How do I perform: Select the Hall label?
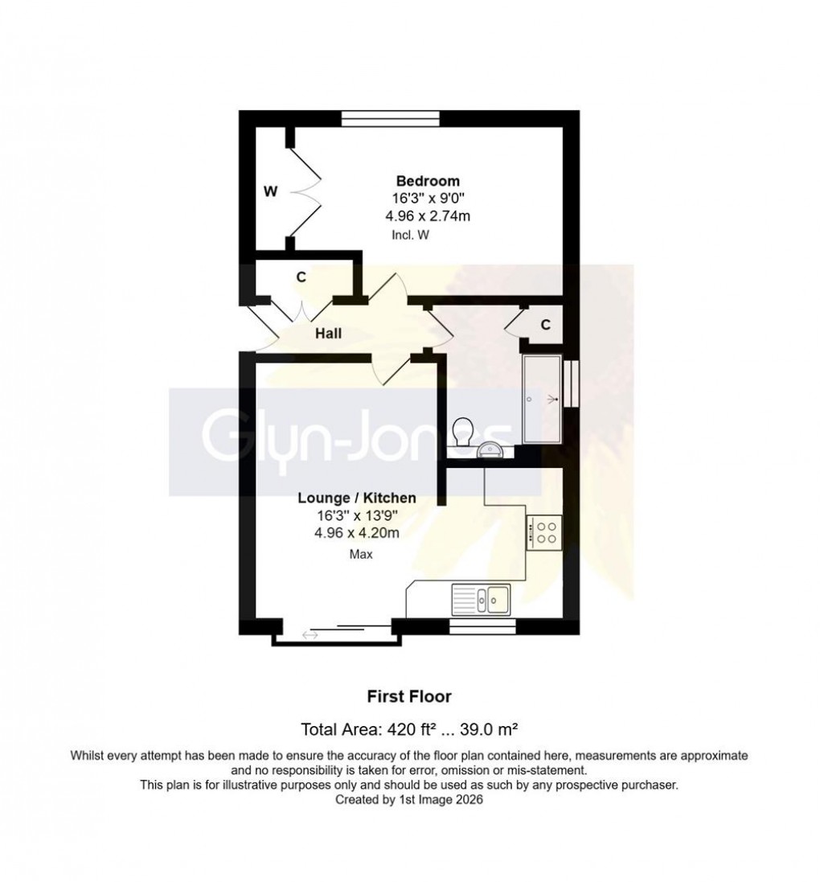tap(330, 333)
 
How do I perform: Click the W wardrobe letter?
tap(271, 191)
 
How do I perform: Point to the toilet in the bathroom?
tap(462, 433)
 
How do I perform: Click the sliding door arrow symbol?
tap(310, 636)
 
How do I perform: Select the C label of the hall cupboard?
tap(301, 277)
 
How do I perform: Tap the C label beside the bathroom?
tap(545, 325)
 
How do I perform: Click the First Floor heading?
tap(409, 696)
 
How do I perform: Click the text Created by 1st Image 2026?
tap(409, 800)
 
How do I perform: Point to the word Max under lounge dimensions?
tap(360, 554)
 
